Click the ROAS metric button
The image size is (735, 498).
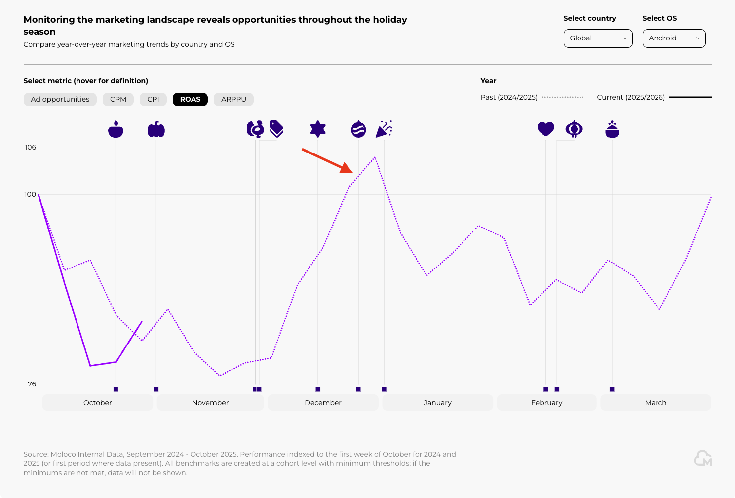tap(190, 99)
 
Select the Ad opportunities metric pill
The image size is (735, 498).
tap(60, 99)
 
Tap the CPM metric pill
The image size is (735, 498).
tap(118, 99)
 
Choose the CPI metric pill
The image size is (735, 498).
tap(153, 99)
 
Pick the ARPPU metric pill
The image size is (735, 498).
tap(233, 99)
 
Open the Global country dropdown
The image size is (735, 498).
tap(598, 38)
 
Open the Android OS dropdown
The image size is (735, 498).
tap(674, 38)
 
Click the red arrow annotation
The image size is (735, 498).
tap(327, 160)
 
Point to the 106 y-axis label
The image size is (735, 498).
tap(30, 147)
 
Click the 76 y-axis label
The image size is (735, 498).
tap(32, 384)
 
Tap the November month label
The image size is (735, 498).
tap(210, 403)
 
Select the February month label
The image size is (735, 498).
tap(546, 403)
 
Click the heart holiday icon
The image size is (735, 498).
tap(545, 129)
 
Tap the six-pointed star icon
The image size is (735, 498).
tap(318, 129)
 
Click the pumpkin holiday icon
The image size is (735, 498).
tap(156, 129)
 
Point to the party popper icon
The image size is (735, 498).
tap(384, 129)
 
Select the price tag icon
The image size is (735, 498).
tap(276, 129)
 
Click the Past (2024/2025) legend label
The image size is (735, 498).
tap(509, 97)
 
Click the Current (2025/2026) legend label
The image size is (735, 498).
tap(630, 97)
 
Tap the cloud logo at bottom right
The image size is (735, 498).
tap(702, 458)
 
